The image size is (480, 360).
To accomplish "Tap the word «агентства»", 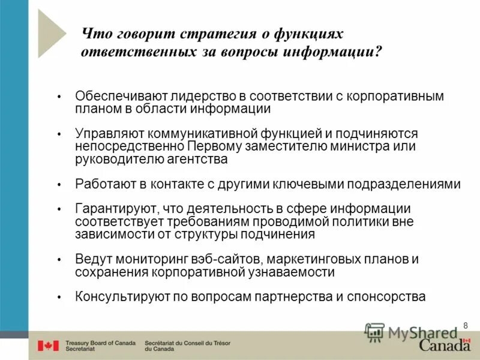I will [199, 160].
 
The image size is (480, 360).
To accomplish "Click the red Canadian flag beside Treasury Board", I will [48, 346].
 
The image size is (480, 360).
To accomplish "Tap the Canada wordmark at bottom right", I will [445, 345].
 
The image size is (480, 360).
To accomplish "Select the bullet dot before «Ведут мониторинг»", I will [59, 260].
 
